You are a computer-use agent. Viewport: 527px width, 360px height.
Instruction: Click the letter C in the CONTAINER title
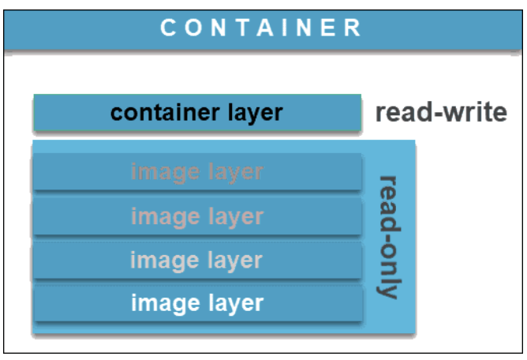pyautogui.click(x=167, y=28)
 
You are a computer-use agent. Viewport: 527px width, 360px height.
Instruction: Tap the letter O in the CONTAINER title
pyautogui.click(x=194, y=28)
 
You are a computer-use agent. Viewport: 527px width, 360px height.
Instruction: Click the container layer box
pyautogui.click(x=196, y=113)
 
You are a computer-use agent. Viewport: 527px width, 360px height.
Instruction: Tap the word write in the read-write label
pyautogui.click(x=473, y=113)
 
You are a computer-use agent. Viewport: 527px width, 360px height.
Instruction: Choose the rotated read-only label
pyautogui.click(x=388, y=237)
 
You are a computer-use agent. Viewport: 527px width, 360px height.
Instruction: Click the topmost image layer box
pyautogui.click(x=196, y=172)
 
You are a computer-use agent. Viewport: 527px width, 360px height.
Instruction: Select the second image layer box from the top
pyautogui.click(x=196, y=216)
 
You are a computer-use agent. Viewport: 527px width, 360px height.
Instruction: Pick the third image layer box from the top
pyautogui.click(x=196, y=259)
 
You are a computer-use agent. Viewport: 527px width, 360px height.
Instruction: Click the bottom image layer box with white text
pyautogui.click(x=196, y=302)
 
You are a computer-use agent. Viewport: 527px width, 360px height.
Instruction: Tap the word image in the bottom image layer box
pyautogui.click(x=163, y=302)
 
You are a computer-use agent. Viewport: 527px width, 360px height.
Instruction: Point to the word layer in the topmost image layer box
pyautogui.click(x=234, y=172)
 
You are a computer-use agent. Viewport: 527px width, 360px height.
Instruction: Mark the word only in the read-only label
pyautogui.click(x=388, y=273)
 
